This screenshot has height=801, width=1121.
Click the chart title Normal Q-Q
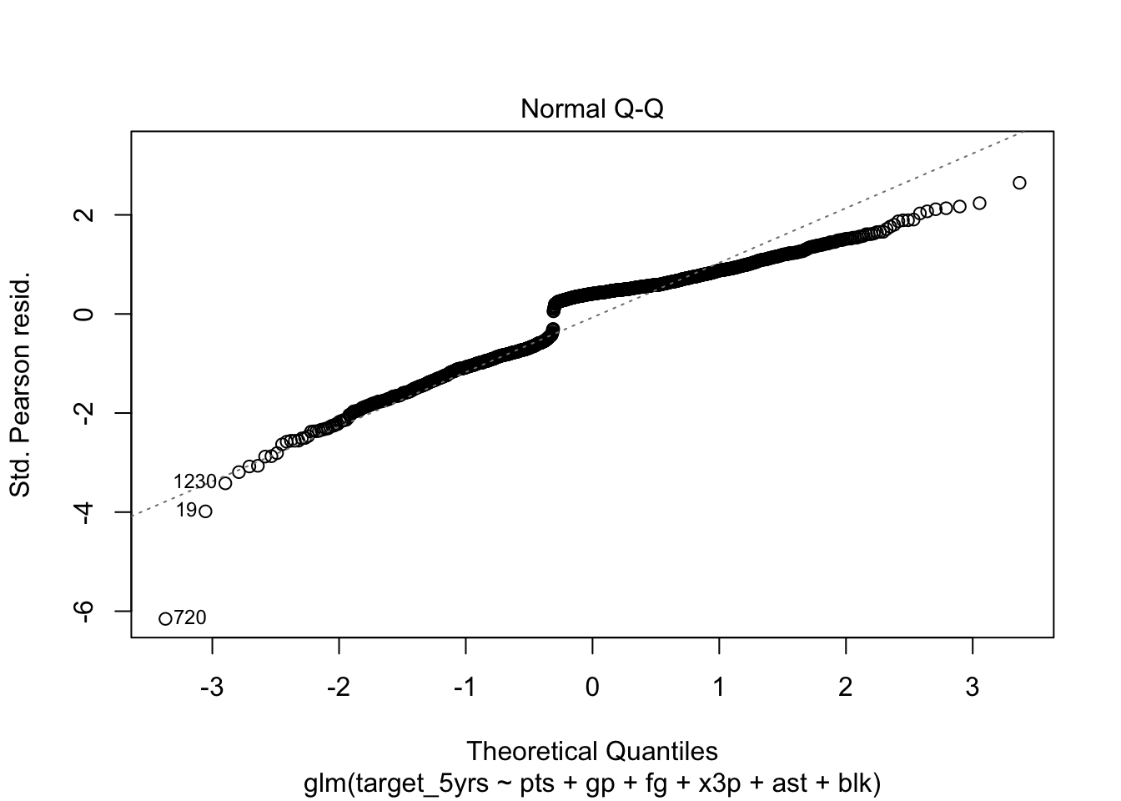click(591, 109)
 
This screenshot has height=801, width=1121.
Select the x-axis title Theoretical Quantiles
click(591, 751)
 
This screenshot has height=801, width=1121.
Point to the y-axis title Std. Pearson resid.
click(20, 382)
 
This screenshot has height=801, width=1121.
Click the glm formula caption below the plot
click(591, 783)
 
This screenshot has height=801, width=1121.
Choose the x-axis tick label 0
click(592, 688)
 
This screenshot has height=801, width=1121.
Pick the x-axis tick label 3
click(973, 688)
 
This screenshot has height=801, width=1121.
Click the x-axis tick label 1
click(719, 688)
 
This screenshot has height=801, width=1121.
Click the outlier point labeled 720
click(165, 618)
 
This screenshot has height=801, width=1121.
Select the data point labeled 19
click(205, 511)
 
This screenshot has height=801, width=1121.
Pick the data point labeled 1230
click(224, 483)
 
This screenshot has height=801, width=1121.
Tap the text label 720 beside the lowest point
click(190, 618)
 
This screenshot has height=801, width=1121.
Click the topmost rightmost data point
click(1018, 183)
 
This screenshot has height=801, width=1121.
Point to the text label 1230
click(195, 482)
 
